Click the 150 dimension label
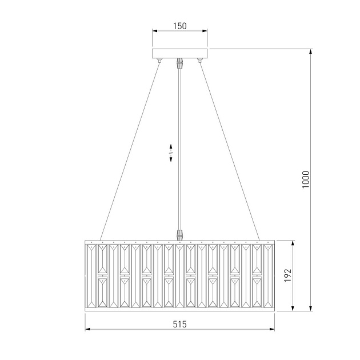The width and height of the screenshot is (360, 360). point(180,26)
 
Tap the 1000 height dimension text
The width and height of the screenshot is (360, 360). point(306,179)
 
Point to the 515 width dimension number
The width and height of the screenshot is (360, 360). point(180,324)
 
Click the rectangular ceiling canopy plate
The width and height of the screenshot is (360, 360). point(180,54)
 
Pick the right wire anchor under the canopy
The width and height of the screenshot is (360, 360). point(199,60)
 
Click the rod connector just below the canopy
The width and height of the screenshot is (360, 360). point(180,63)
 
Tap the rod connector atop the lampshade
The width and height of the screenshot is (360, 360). point(180,234)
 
